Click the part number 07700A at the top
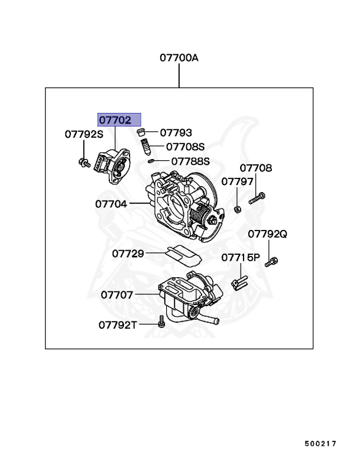tap(179, 58)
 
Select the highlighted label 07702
tap(115, 119)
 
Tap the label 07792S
tap(83, 134)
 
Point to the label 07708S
tap(184, 147)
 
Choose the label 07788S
tap(190, 160)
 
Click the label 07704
tap(111, 204)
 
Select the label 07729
tap(128, 254)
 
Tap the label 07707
tap(116, 294)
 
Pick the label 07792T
tap(118, 325)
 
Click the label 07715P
tap(241, 258)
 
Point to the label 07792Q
tap(267, 234)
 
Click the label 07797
tap(237, 181)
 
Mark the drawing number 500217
tap(320, 443)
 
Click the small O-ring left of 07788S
tap(151, 160)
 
